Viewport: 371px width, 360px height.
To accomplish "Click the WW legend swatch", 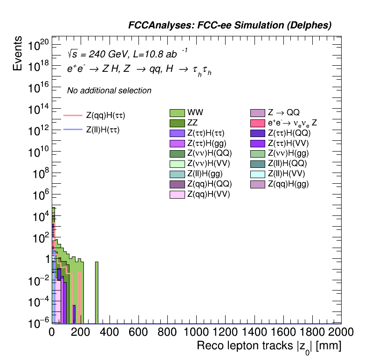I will (x=178, y=112).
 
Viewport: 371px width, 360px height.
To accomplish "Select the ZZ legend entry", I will (x=178, y=123).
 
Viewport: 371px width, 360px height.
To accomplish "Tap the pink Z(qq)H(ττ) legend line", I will (x=73, y=115).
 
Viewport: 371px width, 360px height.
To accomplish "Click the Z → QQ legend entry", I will (x=258, y=112).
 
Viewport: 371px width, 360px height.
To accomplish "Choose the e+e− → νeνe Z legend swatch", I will (x=258, y=123).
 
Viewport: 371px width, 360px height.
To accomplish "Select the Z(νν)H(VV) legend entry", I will (x=178, y=164).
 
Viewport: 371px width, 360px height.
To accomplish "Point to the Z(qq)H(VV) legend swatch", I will (x=178, y=194).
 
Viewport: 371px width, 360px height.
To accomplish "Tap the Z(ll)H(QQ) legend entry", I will (x=258, y=164).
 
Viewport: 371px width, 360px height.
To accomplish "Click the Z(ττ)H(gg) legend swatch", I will (x=178, y=143).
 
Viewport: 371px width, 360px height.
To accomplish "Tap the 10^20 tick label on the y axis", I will (x=38, y=45).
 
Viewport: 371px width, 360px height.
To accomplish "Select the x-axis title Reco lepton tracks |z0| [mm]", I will (x=269, y=346).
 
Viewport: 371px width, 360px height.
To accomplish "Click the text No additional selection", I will (x=109, y=90).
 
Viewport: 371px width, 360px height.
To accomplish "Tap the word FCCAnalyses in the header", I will (x=156, y=26).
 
